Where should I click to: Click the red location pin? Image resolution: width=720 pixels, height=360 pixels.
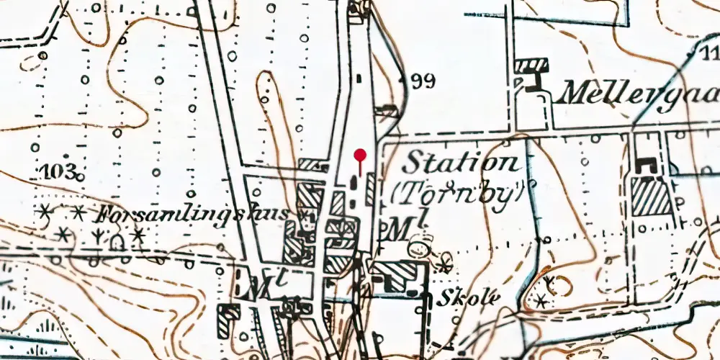click(x=360, y=155)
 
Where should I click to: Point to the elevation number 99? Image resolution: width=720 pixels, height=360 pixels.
click(x=423, y=81)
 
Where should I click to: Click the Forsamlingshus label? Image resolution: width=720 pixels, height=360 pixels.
click(x=194, y=215)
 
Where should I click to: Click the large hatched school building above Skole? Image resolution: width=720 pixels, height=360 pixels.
click(x=395, y=276)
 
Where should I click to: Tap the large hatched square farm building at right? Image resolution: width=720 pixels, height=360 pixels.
click(x=651, y=196)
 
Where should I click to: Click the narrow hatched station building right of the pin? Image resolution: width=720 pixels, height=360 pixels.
click(x=369, y=189)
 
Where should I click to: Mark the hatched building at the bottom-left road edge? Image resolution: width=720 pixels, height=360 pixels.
click(x=229, y=319)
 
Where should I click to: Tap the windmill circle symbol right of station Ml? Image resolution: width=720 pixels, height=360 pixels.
click(x=416, y=249)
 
